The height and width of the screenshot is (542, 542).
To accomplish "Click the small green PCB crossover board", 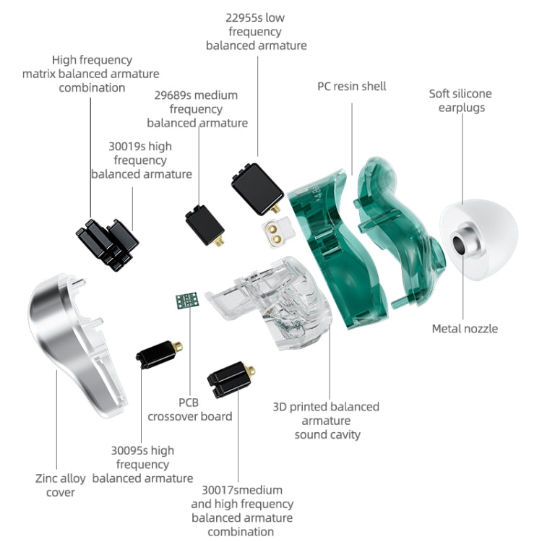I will coord(186,301).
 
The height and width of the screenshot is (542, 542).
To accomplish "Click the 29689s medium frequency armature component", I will coord(203,226).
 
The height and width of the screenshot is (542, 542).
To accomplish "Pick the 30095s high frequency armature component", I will coord(158,354).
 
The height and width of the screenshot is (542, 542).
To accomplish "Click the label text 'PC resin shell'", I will coord(352,86).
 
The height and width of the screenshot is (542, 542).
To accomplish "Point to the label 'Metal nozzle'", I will coord(465,329).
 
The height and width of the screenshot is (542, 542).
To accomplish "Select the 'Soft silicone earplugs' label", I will coord(460,100).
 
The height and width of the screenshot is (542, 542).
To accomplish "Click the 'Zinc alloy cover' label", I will coord(60,485).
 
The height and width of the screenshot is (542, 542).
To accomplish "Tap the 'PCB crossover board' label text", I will coord(189,409).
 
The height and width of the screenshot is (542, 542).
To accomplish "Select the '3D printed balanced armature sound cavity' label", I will coord(326,421).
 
